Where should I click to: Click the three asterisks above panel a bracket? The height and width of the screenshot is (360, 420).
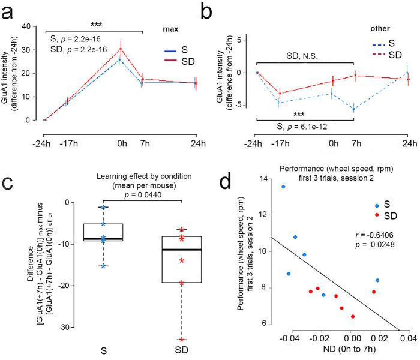[x=95, y=25]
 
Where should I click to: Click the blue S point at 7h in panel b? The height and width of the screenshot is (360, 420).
[x=355, y=109]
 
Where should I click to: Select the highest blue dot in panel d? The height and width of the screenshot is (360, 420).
[x=283, y=187]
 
